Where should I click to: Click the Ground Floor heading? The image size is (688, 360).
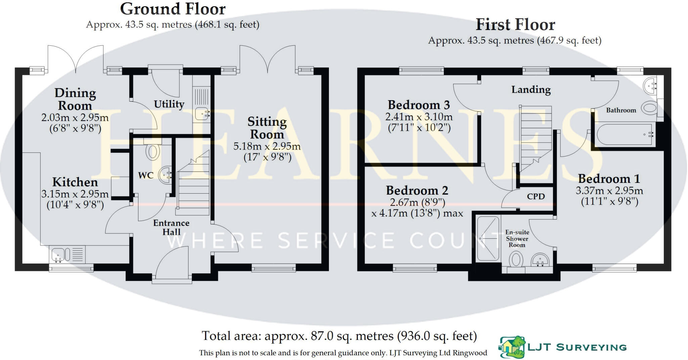173,9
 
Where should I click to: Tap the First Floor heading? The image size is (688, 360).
515,25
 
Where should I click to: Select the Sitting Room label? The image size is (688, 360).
267,128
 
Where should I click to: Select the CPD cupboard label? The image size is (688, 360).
535,197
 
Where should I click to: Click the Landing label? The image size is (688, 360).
531,90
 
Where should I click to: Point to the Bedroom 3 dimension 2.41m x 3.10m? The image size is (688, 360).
419,117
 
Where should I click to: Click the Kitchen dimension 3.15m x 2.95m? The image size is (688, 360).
75,194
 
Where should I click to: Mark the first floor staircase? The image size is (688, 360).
535,138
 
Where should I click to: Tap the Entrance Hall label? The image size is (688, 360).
171,228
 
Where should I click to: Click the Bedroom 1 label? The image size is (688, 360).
609,178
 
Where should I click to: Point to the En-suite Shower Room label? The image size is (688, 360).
517,239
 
